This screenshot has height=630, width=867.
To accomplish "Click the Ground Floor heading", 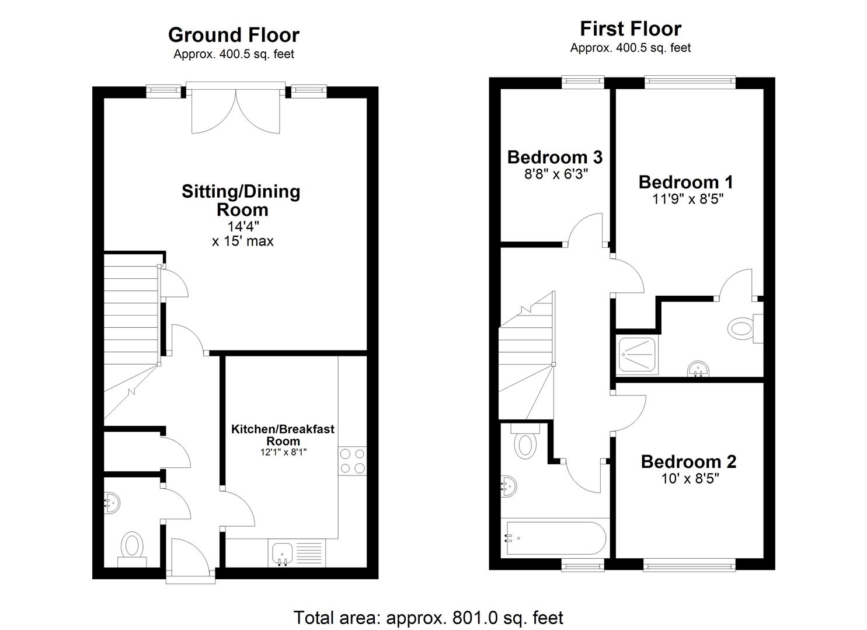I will tap(234, 35).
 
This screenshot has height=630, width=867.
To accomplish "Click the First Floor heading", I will tap(630, 29).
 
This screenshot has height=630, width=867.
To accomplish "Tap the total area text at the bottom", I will tap(428, 617).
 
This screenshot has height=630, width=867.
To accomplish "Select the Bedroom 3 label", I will tap(555, 157).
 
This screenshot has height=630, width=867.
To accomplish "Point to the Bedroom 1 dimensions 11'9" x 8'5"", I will tap(688, 199).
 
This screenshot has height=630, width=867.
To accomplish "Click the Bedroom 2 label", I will tap(688, 461).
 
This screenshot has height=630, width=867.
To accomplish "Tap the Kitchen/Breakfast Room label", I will tap(283, 435).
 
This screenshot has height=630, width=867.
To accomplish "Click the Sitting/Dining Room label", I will tap(241, 200).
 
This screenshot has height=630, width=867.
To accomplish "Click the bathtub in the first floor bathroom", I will tap(555, 538).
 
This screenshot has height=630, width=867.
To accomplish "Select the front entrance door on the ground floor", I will tap(190, 560).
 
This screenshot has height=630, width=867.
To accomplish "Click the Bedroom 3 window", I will tap(583, 82).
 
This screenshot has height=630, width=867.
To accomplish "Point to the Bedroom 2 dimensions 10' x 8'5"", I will tap(688, 479).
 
